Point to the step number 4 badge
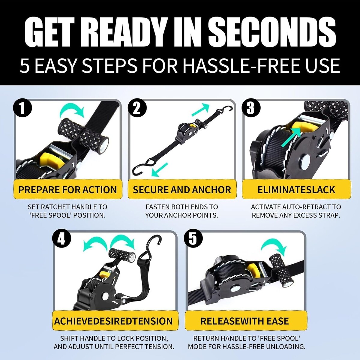pos(62,239)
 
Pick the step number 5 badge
pos(193,239)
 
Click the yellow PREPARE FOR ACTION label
pos(67,189)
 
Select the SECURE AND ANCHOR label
pos(182,189)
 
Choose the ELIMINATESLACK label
pos(296,189)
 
